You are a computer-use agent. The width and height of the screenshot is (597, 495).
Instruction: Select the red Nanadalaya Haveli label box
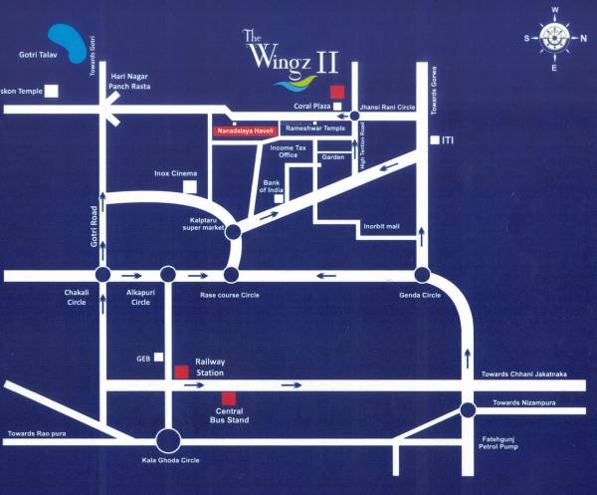(244, 130)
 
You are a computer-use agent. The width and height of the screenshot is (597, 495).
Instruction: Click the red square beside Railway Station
(181, 372)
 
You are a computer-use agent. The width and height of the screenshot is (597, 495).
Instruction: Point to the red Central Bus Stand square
(229, 398)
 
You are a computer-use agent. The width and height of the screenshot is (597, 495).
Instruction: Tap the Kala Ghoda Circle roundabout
(168, 439)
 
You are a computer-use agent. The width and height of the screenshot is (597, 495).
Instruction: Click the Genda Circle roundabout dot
(422, 275)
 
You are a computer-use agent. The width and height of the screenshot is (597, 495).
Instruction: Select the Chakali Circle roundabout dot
(102, 275)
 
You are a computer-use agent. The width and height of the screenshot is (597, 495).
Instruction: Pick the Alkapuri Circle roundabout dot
(167, 275)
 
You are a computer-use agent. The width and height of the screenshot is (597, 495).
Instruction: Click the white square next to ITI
(435, 141)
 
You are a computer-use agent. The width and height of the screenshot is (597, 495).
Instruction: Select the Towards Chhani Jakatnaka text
(523, 374)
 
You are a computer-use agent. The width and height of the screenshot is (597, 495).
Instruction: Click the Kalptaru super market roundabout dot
(233, 232)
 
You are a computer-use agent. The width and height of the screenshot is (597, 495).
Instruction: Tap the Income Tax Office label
(288, 151)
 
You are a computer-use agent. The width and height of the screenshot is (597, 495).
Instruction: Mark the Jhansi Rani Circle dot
(354, 117)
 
